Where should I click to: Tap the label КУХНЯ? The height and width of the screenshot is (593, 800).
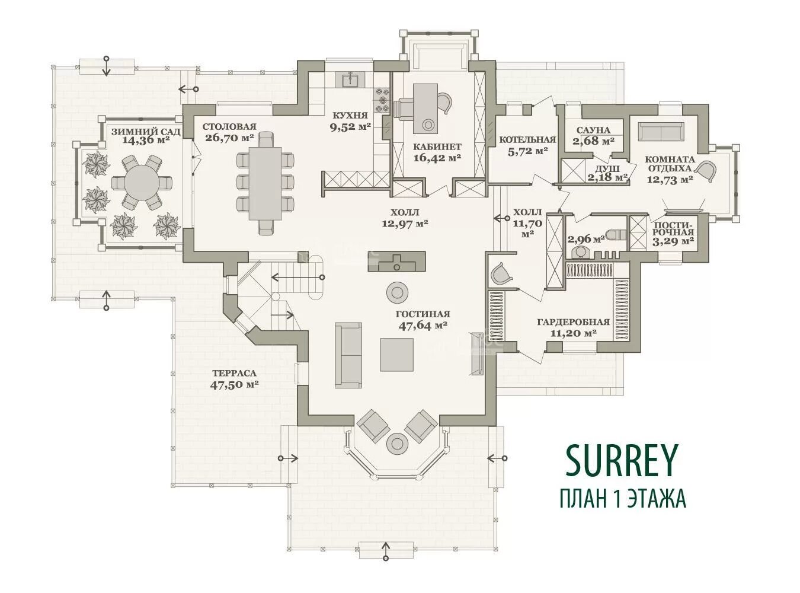coord(350,116)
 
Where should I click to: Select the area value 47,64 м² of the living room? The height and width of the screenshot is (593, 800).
coord(423,326)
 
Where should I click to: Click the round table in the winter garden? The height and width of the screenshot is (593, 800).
coord(142,183)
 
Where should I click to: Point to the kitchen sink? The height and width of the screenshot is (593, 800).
coord(349,80)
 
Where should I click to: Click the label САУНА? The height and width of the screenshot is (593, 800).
coord(593,130)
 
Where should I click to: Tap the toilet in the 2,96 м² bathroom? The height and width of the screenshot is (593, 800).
coord(616,235)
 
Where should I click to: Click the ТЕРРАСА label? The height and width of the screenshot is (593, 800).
coord(234,374)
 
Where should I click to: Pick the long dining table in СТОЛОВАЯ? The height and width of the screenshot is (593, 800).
coord(265,183)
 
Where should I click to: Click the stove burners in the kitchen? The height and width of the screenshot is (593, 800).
coord(382,100)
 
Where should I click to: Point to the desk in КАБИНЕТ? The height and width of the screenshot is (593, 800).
coord(425,109)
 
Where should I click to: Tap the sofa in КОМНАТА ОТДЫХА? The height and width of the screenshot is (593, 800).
coord(661,132)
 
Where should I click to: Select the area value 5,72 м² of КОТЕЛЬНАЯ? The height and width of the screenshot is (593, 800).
coord(528,151)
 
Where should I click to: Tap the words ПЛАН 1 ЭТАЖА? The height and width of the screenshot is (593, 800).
coord(623,499)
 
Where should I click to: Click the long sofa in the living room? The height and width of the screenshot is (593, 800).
coord(348,355)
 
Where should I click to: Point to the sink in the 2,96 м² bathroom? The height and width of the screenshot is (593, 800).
coord(580,252)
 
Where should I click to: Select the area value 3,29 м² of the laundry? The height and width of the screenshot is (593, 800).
coord(673,241)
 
